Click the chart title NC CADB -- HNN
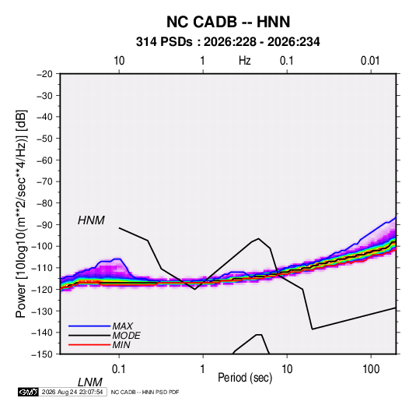point(228,22)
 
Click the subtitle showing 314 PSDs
point(228,42)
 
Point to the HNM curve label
point(91,220)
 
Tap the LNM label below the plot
point(89,382)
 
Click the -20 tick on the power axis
point(45,74)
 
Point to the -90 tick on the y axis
point(45,225)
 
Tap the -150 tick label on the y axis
point(42,354)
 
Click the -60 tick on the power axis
point(45,160)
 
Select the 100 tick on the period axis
point(370,369)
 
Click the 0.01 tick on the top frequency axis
point(370,61)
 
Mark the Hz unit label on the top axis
point(245,61)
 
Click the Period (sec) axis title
point(245,378)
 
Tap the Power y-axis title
point(21,214)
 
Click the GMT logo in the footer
point(29,392)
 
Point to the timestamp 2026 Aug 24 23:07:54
point(72,392)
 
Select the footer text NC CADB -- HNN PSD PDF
point(145,393)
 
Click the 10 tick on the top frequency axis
point(119,61)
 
